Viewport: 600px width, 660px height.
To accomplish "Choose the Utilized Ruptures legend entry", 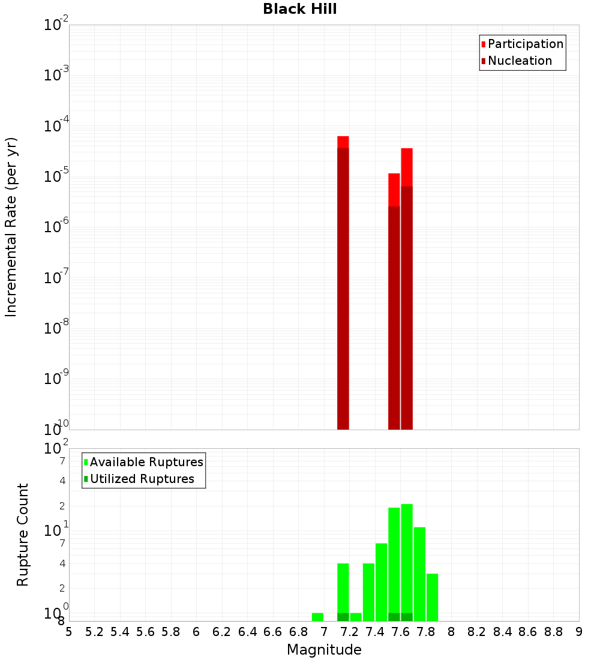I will point(142,479).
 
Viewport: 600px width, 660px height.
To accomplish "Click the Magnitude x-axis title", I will point(324,650).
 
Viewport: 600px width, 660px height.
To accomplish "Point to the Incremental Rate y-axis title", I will point(11,227).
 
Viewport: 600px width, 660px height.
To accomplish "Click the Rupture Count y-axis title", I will point(23,535).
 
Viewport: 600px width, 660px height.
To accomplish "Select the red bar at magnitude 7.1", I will point(343,282).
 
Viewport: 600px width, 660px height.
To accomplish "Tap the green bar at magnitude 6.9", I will point(317,617).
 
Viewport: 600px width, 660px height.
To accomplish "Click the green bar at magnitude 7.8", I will point(432,597).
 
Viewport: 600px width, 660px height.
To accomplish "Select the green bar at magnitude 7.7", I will point(419,574).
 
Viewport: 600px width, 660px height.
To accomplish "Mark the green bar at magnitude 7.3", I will point(368,592).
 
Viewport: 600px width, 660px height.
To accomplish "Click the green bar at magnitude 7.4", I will point(381,582).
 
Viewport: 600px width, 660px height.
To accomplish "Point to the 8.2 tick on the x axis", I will point(477,632).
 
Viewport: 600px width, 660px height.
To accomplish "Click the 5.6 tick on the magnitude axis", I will point(145,632).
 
